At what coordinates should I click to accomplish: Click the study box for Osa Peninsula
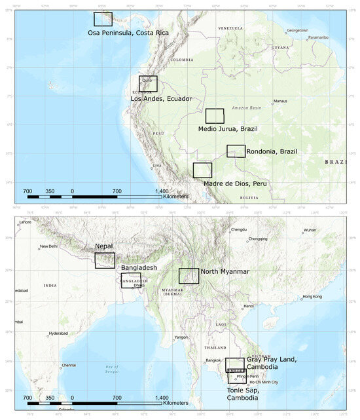(103, 19)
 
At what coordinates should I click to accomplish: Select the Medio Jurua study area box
(215, 116)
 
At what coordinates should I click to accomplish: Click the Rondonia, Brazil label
(272, 151)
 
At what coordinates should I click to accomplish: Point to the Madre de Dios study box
(202, 170)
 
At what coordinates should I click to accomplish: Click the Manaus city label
(280, 102)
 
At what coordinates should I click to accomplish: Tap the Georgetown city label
(297, 30)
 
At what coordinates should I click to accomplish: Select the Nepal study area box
(105, 260)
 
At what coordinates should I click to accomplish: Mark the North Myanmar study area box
(189, 276)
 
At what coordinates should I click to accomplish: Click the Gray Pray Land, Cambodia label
(272, 363)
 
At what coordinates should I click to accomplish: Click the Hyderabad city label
(58, 334)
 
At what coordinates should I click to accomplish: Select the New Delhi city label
(50, 246)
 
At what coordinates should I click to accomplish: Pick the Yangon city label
(181, 337)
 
